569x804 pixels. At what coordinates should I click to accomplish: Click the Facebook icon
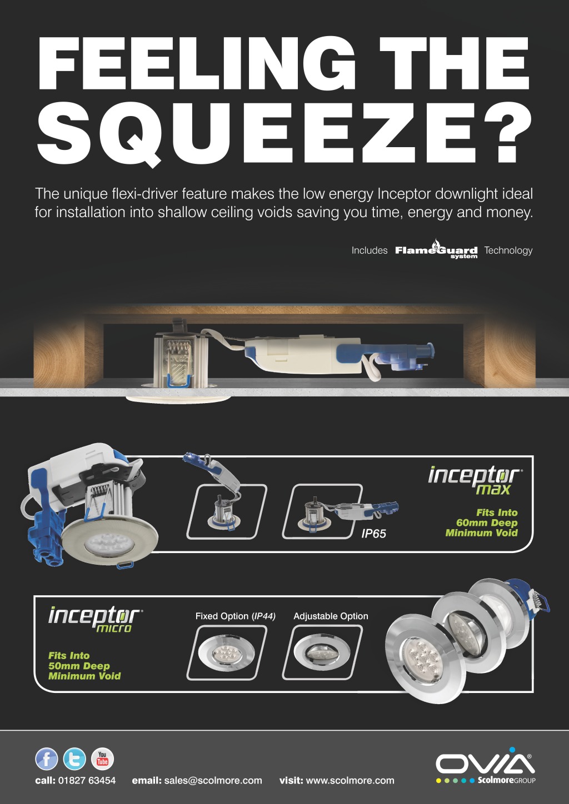tap(46, 759)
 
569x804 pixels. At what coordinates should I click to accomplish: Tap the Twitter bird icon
tap(74, 759)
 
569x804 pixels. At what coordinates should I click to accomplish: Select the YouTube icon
tap(102, 759)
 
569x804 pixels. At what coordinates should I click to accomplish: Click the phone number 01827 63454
tap(87, 780)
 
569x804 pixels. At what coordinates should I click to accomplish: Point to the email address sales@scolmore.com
tap(213, 781)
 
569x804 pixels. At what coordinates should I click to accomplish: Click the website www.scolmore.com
tap(350, 780)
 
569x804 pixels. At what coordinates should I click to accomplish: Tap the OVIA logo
tap(486, 765)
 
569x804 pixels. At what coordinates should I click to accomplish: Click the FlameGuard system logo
tap(436, 249)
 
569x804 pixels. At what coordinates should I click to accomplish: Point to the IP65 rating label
tap(373, 534)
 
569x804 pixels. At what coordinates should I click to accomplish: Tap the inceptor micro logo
tap(96, 619)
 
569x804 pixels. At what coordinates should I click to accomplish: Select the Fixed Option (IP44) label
tap(235, 616)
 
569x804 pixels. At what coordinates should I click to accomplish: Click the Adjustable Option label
tap(331, 616)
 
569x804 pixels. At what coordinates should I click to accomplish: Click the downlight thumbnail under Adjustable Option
tap(322, 652)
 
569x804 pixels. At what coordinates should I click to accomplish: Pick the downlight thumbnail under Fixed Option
tap(227, 652)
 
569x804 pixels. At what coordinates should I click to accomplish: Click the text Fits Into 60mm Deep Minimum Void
tap(482, 522)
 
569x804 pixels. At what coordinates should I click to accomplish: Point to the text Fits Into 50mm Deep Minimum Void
tap(84, 666)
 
